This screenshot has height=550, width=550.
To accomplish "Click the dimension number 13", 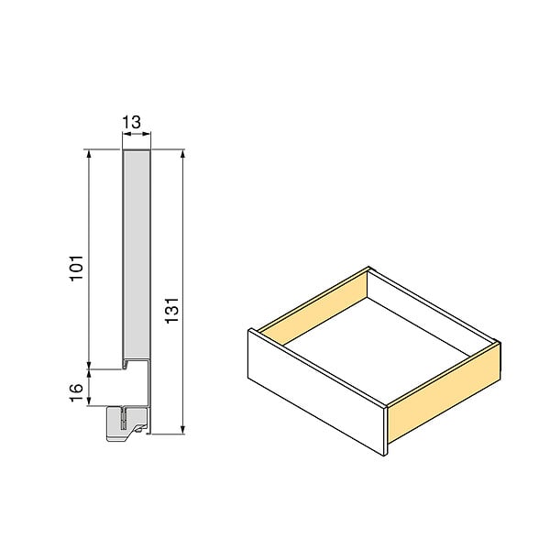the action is [131, 122].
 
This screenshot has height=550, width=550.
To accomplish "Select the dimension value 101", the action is [77, 269].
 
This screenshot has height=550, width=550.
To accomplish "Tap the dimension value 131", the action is [172, 311].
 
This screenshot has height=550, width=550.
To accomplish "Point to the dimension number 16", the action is [76, 392].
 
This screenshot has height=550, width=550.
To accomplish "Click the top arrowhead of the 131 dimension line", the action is [182, 154].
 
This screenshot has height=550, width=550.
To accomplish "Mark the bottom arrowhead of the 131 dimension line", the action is [182, 429].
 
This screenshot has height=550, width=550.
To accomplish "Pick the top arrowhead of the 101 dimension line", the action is [89, 154].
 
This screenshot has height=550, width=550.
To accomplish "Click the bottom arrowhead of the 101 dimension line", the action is [89, 365].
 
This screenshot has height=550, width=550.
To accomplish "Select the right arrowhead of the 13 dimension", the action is [147, 134].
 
